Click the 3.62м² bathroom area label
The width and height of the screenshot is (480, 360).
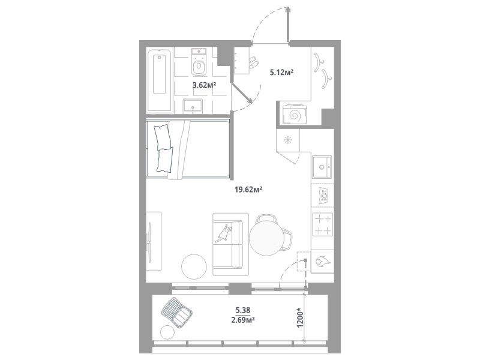tap(204, 85)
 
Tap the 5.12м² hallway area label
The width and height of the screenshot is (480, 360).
tap(281, 73)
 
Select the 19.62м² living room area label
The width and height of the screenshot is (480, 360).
tap(248, 190)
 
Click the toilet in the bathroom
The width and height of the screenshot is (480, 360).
tap(199, 62)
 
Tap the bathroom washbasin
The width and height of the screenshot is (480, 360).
tap(193, 106)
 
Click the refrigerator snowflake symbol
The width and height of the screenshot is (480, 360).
tap(288, 140)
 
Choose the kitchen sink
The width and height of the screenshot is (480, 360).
tap(322, 167)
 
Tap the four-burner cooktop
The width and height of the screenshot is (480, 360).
tap(322, 224)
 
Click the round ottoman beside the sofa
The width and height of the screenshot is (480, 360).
tap(194, 266)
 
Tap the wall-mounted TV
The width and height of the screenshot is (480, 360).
tap(149, 242)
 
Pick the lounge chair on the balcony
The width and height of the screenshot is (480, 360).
tap(176, 313)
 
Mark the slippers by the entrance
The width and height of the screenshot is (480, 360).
tap(253, 62)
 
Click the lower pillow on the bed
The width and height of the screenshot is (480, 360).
tap(165, 160)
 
